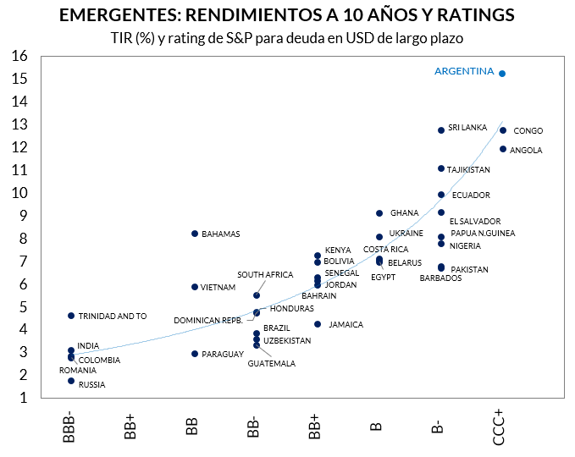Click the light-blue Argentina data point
(x=503, y=74)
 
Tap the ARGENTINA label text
(x=463, y=72)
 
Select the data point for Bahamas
(x=195, y=234)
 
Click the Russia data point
(x=71, y=381)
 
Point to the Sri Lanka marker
(x=441, y=130)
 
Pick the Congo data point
(x=503, y=130)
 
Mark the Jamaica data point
(x=318, y=324)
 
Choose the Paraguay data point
(x=195, y=354)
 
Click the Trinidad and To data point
(x=71, y=316)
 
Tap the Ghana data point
(x=379, y=213)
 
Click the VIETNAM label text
(x=218, y=288)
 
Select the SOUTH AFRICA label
(x=265, y=275)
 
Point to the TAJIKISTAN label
(x=468, y=170)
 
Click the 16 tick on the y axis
(x=19, y=56)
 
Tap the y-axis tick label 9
(x=23, y=216)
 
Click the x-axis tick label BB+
(x=315, y=426)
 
